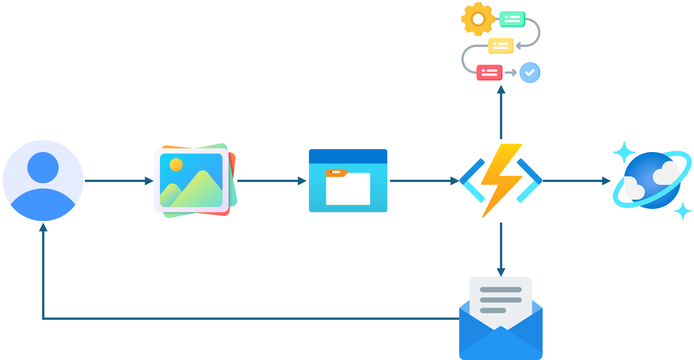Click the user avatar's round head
point(43,167)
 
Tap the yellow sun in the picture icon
point(176,165)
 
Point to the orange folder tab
point(336,173)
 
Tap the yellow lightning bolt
point(501,180)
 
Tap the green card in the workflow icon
point(512,19)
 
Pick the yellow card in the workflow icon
point(501,45)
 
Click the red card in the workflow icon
point(489,73)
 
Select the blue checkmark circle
point(529,73)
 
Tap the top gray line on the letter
point(501,290)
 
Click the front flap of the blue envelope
point(501,345)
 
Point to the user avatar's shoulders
point(43,205)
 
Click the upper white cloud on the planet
point(666,173)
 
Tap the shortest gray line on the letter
point(493,310)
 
